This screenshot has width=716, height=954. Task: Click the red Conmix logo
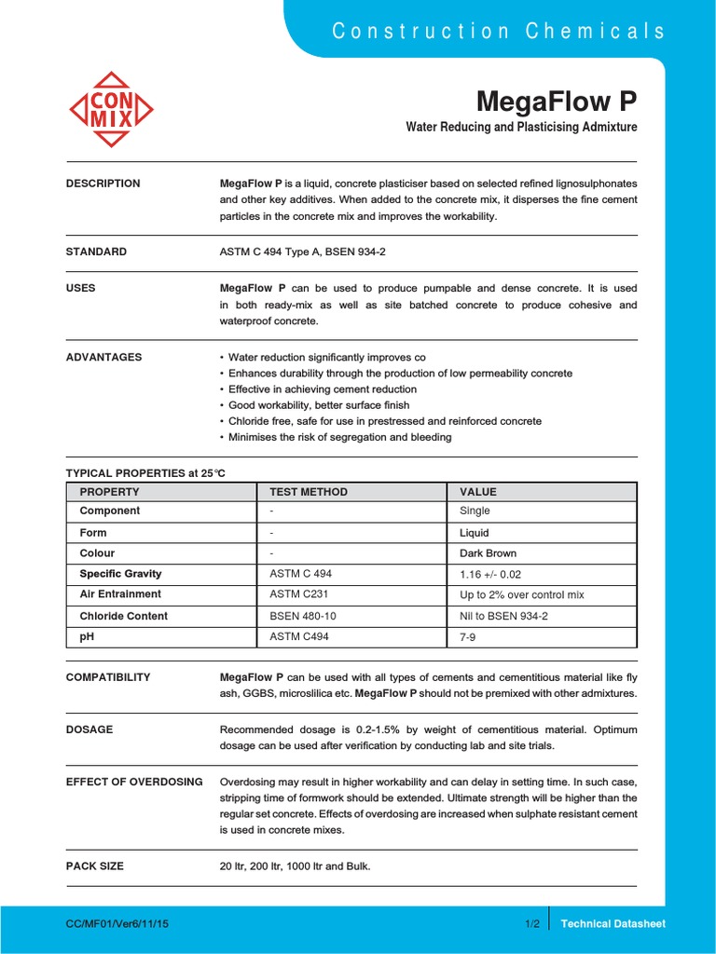tap(111, 109)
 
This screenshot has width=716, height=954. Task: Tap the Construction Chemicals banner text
tap(499, 31)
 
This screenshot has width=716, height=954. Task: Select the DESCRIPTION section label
tap(103, 184)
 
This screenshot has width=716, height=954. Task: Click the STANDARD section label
tap(96, 252)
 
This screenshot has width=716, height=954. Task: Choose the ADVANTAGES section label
tap(103, 357)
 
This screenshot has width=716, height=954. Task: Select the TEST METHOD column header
tap(309, 492)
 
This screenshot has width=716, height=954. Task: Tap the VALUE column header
tap(478, 492)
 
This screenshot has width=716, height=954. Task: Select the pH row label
tap(87, 637)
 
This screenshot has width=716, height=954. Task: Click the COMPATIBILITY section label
tap(107, 677)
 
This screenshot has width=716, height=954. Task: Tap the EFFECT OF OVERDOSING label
tap(134, 782)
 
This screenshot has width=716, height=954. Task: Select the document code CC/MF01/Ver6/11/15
tap(117, 924)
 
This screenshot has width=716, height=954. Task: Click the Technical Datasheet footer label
tap(613, 924)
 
